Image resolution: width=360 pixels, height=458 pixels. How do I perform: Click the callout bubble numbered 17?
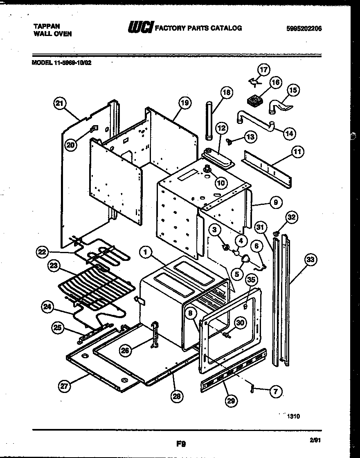[x=264, y=70]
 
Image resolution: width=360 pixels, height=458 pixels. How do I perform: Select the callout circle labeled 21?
[x=60, y=104]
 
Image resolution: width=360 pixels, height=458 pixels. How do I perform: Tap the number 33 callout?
[x=311, y=259]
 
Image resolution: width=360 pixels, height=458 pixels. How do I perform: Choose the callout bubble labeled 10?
[x=221, y=183]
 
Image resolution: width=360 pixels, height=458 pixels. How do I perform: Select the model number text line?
[x=61, y=63]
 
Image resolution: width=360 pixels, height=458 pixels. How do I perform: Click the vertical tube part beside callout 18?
[x=209, y=122]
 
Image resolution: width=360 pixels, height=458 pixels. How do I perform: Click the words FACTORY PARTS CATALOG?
[x=198, y=28]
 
